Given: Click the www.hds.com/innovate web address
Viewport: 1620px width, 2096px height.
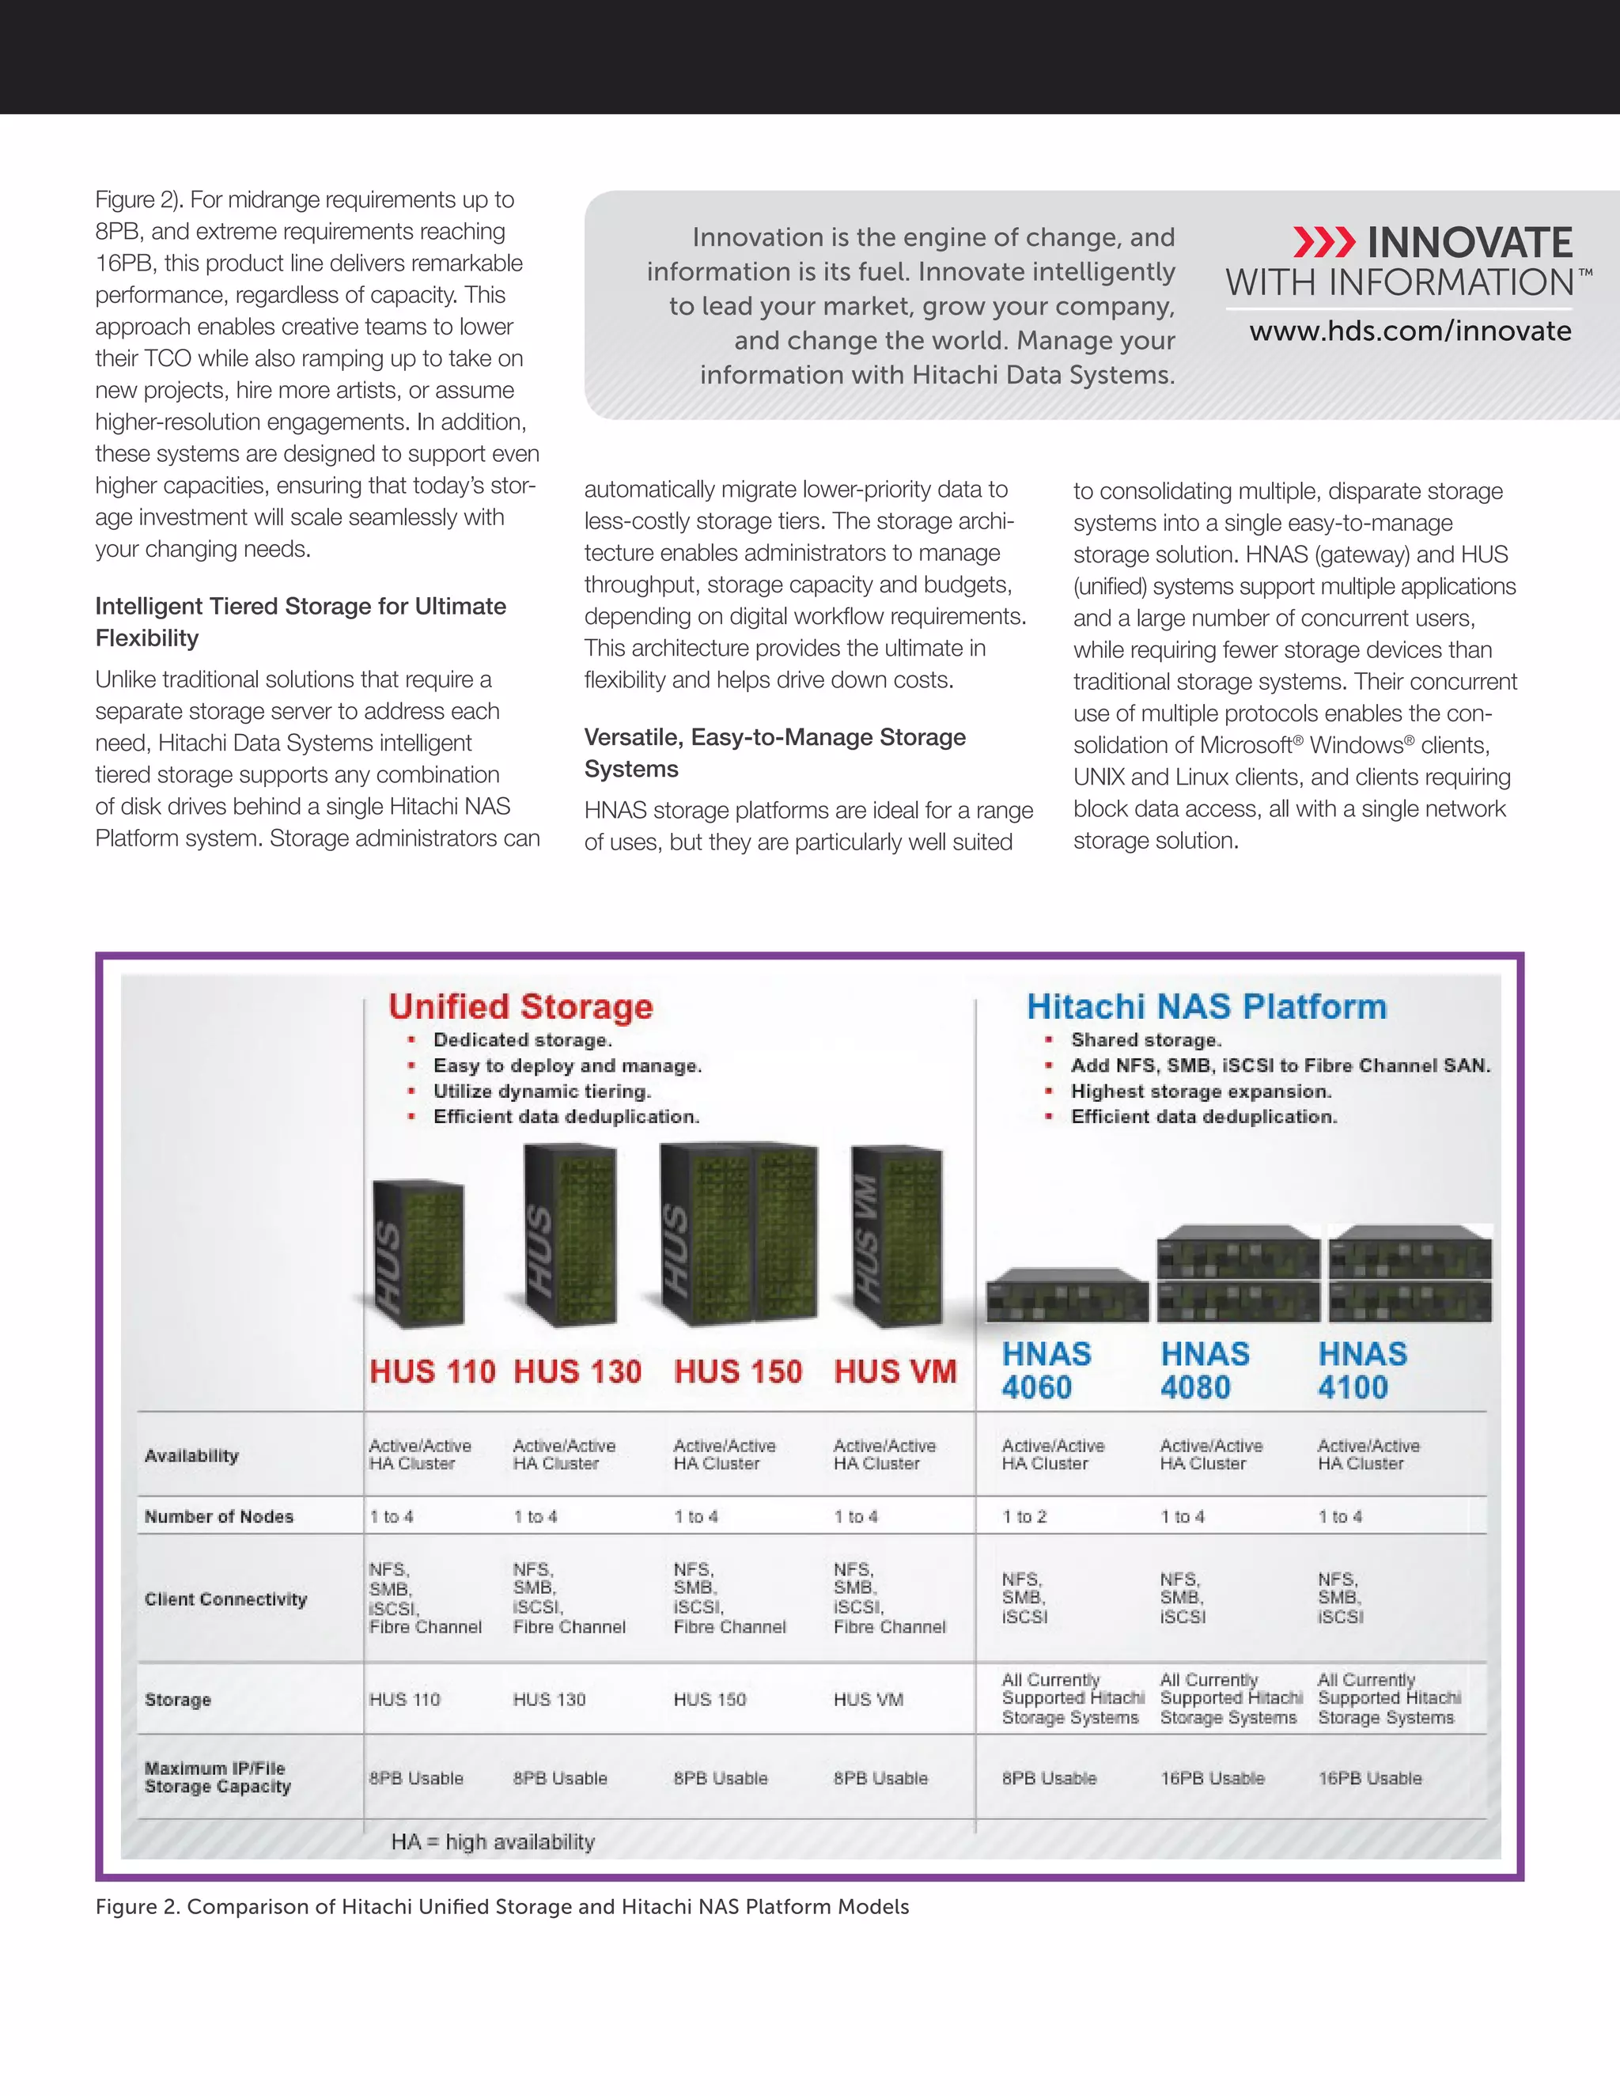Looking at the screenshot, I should [x=1409, y=331].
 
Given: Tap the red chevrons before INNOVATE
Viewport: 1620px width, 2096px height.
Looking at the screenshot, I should [x=1323, y=243].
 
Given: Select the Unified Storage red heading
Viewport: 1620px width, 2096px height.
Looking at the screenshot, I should [x=520, y=1006].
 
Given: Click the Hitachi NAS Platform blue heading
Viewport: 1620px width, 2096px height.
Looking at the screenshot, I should [x=1206, y=1006].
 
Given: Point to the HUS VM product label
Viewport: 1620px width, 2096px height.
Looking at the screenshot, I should [x=895, y=1371].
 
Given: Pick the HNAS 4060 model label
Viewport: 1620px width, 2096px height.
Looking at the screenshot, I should [x=1046, y=1371].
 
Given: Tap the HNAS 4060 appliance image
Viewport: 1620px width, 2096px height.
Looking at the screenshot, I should [x=1067, y=1295].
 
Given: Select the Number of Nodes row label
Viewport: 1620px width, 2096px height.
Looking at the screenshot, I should [x=219, y=1516].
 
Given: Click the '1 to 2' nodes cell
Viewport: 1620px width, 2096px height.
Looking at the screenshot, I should [x=1024, y=1516].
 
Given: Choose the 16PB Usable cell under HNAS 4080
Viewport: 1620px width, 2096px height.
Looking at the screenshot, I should [x=1212, y=1777].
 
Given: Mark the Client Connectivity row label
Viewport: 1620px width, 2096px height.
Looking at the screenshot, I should [x=225, y=1598].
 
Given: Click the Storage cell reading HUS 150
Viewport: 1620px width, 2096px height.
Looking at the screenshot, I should [x=710, y=1699].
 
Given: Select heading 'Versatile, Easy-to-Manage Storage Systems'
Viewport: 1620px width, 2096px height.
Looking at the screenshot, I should [x=774, y=752].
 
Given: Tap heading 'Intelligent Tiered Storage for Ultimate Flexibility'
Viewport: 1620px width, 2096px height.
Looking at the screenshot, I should [x=301, y=622].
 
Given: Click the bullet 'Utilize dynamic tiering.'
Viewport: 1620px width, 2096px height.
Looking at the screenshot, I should [x=541, y=1092].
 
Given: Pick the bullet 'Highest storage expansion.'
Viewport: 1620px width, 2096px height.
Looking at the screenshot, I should [x=1201, y=1092].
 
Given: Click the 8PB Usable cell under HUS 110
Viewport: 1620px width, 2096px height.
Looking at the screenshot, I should [x=415, y=1777].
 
